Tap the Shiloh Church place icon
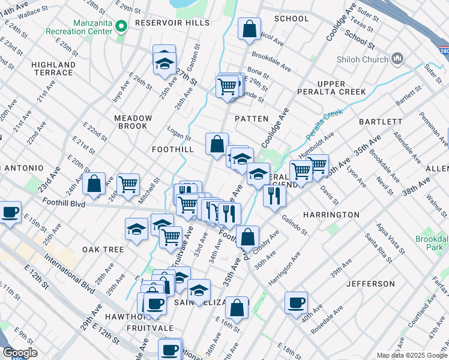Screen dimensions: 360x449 (396, 58)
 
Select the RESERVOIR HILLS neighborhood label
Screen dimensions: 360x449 (172, 23)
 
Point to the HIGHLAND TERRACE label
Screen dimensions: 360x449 (52, 68)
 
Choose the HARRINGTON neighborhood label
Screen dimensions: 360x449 (331, 214)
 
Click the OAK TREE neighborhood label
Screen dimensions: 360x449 (103, 249)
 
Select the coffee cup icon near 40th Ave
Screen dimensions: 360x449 (296, 302)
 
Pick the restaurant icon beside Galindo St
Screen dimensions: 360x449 (274, 195)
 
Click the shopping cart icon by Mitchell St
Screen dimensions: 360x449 (128, 184)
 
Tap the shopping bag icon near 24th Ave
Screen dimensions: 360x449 (94, 184)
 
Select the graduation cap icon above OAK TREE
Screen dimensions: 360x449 (136, 229)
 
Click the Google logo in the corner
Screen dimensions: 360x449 (20, 353)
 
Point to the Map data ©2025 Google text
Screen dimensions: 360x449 (411, 355)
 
